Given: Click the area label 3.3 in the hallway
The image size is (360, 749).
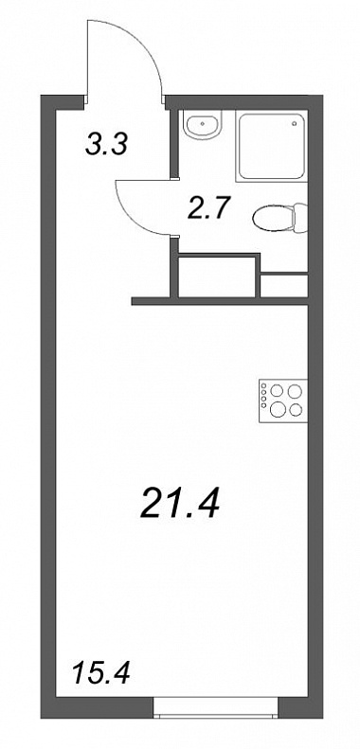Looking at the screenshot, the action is [107, 144].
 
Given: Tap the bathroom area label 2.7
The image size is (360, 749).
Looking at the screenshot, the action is [207, 207].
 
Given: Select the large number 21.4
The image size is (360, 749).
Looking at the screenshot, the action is [180, 504].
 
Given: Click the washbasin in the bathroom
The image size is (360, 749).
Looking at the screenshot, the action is [203, 125].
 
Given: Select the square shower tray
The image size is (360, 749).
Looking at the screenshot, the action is [271, 146].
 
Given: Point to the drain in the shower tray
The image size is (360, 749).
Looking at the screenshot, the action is [294, 123].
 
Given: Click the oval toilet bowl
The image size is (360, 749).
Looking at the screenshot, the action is [274, 218].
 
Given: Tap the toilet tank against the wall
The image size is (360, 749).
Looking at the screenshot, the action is [300, 218].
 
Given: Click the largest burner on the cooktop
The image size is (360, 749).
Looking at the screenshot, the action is [277, 408].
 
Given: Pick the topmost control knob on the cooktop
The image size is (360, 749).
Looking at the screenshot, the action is [263, 386].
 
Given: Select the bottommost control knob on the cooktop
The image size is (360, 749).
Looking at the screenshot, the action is [263, 405].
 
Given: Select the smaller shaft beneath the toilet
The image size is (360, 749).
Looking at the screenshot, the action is [283, 286].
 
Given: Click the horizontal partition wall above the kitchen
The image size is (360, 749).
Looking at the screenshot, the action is [220, 301].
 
